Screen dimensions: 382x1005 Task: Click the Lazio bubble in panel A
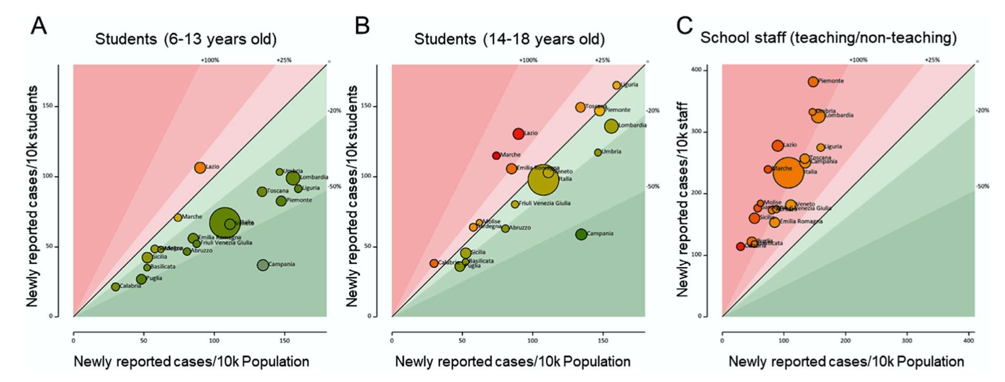(x=200, y=168)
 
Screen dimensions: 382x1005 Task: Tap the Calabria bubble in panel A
(x=116, y=287)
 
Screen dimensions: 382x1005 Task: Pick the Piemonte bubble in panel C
(x=813, y=82)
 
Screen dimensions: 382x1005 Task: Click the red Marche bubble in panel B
(x=496, y=155)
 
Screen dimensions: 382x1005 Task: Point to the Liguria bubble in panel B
(x=616, y=85)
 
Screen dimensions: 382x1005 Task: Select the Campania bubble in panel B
(x=581, y=234)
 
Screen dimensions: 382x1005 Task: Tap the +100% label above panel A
(x=209, y=61)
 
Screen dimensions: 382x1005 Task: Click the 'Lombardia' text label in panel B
(x=632, y=126)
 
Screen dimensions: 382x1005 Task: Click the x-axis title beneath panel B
(x=512, y=362)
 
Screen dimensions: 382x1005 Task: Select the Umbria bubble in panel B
(x=598, y=153)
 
